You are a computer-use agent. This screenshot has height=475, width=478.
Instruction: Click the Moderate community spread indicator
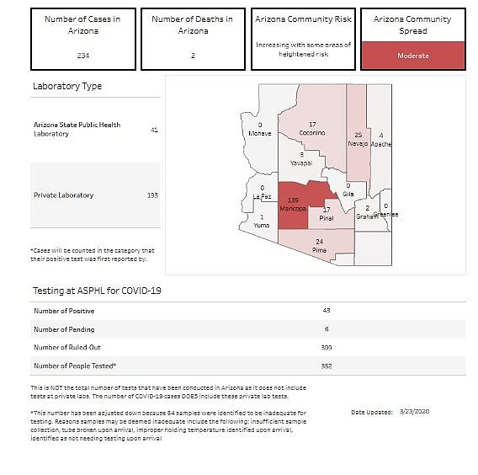coord(412,56)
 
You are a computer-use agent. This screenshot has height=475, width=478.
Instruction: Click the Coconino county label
coord(312,133)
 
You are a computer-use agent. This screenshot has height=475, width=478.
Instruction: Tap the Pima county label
coord(319,250)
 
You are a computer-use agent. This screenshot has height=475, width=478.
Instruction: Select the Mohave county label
coord(260,133)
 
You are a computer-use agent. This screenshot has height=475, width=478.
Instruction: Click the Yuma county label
coord(262,226)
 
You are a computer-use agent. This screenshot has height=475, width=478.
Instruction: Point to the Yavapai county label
coord(300,163)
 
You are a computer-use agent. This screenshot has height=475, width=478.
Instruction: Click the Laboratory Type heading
coord(67,87)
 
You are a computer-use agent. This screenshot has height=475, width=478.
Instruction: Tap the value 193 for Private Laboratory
coord(152,195)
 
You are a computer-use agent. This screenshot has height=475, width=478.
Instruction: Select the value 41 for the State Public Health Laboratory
coord(154,130)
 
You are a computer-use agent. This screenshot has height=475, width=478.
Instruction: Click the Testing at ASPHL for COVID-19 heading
coord(97,291)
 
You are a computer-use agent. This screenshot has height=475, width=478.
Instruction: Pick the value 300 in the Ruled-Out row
coord(327,347)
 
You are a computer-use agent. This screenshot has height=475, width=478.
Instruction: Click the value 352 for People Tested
coord(327,366)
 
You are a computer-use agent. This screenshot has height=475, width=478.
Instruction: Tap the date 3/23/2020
coord(416,412)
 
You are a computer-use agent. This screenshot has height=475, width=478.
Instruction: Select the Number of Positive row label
coord(64,311)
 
